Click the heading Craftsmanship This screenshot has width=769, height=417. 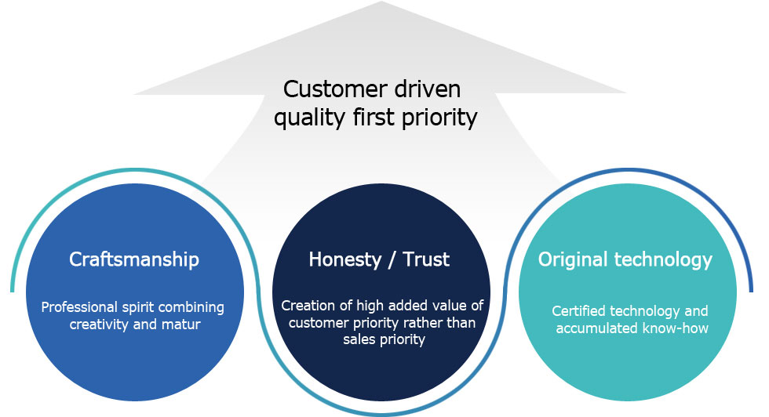[x=134, y=259]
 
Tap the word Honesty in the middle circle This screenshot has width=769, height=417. [x=345, y=260]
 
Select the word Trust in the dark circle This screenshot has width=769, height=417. [x=426, y=259]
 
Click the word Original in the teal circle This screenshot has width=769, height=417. [x=573, y=260]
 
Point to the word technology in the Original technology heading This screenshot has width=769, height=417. [x=663, y=260]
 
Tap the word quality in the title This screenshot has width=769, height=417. [x=309, y=118]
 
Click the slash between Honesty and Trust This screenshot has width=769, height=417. [x=392, y=260]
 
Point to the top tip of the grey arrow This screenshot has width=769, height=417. [x=381, y=2]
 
